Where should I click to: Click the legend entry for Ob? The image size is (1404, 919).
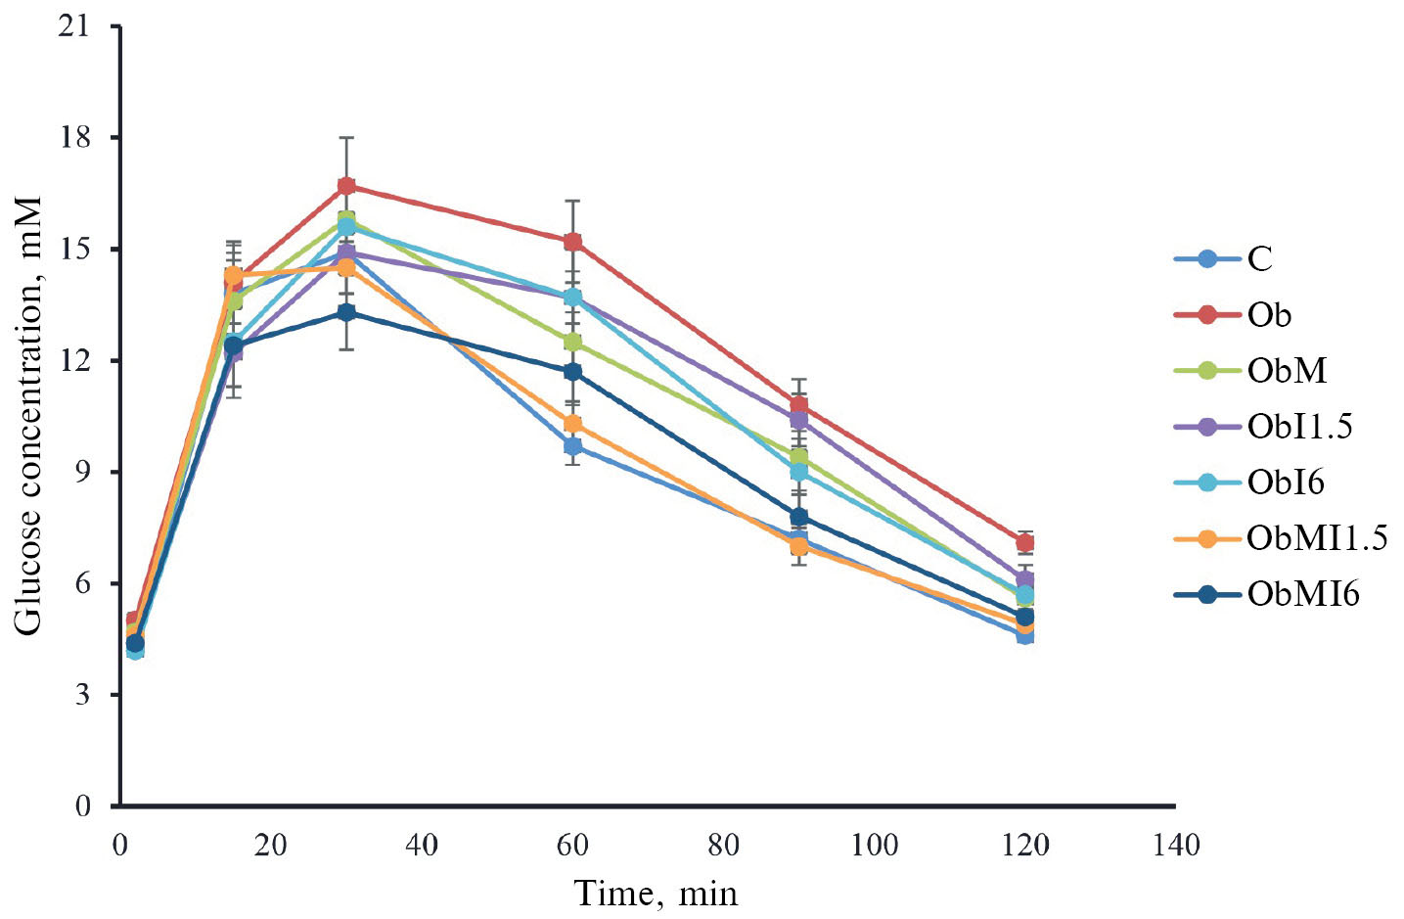point(1268,315)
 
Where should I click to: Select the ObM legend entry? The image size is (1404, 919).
point(1286,371)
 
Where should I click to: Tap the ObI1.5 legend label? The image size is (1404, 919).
point(1299,427)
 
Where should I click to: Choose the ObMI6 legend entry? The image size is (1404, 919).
point(1302,594)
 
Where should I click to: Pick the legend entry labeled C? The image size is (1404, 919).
point(1259,259)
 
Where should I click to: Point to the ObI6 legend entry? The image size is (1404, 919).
point(1285,482)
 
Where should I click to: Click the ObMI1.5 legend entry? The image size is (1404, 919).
point(1316,538)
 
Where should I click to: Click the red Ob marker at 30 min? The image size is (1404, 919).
point(346,186)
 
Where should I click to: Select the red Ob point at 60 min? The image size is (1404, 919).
point(572,242)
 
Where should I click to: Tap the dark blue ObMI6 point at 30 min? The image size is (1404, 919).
point(346,312)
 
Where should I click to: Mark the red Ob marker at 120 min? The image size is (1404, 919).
point(1025,543)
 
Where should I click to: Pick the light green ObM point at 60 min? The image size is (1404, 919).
point(572,342)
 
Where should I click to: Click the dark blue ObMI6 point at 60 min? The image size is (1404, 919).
point(572,372)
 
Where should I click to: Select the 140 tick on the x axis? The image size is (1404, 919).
point(1175,845)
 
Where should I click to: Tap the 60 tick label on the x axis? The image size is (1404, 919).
point(572,845)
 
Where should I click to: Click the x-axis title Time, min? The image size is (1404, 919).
point(656,894)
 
